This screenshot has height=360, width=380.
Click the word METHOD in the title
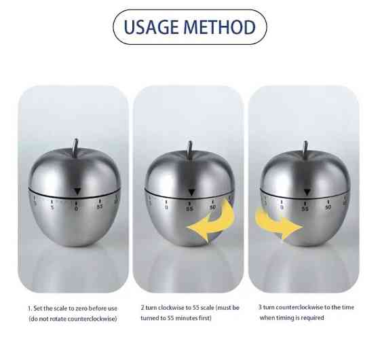220,27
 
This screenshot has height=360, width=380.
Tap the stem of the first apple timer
75,148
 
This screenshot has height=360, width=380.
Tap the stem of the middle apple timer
189,149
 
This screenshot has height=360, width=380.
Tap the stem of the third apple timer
305,149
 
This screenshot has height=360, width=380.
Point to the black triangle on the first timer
77,191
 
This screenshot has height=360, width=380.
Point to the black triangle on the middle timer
191,192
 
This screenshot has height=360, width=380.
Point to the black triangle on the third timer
307,192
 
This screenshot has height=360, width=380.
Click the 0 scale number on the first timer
76,209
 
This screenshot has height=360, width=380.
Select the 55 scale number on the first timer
100,207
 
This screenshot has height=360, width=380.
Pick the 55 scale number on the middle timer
190,209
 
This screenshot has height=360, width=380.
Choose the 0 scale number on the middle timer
166,207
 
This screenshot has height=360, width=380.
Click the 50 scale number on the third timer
328,207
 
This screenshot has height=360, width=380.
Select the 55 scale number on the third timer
305,209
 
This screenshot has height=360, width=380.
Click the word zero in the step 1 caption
81,308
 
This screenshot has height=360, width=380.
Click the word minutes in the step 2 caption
187,318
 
